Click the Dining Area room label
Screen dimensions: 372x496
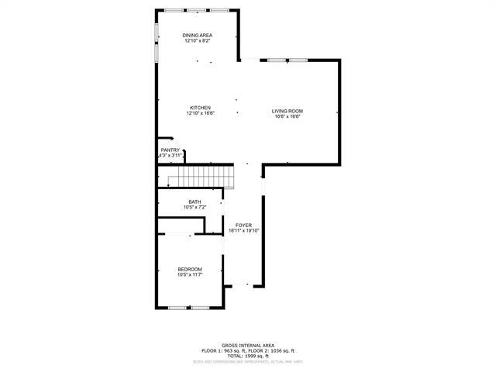198,36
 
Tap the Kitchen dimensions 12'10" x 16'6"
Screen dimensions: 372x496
199,113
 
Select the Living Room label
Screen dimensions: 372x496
286,112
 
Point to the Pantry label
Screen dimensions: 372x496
170,150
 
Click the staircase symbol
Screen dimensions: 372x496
201,176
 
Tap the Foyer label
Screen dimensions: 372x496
244,226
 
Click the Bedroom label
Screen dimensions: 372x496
190,269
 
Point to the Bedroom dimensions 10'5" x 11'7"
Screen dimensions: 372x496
190,274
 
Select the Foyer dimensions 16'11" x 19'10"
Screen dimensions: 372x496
244,231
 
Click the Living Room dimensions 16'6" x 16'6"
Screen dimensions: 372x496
286,117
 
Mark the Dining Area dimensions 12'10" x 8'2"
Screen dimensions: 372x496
198,41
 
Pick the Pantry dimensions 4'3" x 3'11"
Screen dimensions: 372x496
170,155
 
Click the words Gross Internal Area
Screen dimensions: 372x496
248,345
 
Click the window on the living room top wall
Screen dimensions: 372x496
283,60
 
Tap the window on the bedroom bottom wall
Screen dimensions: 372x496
189,308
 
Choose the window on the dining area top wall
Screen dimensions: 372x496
197,9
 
